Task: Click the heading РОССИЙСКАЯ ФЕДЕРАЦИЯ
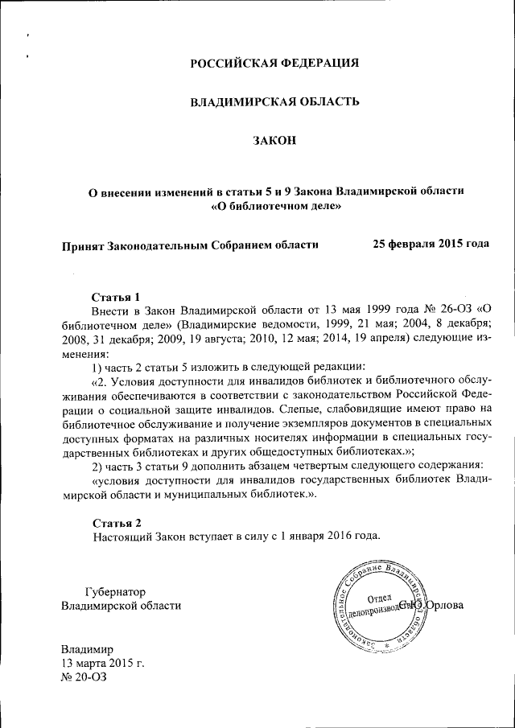coord(274,63)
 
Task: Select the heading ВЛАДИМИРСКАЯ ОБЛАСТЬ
coord(274,102)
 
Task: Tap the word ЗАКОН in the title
coord(274,142)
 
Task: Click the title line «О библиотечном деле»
coord(275,207)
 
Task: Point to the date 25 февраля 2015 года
coord(431,244)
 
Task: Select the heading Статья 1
coord(117,296)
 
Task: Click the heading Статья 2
coord(117,522)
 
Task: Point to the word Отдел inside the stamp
coord(378,599)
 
